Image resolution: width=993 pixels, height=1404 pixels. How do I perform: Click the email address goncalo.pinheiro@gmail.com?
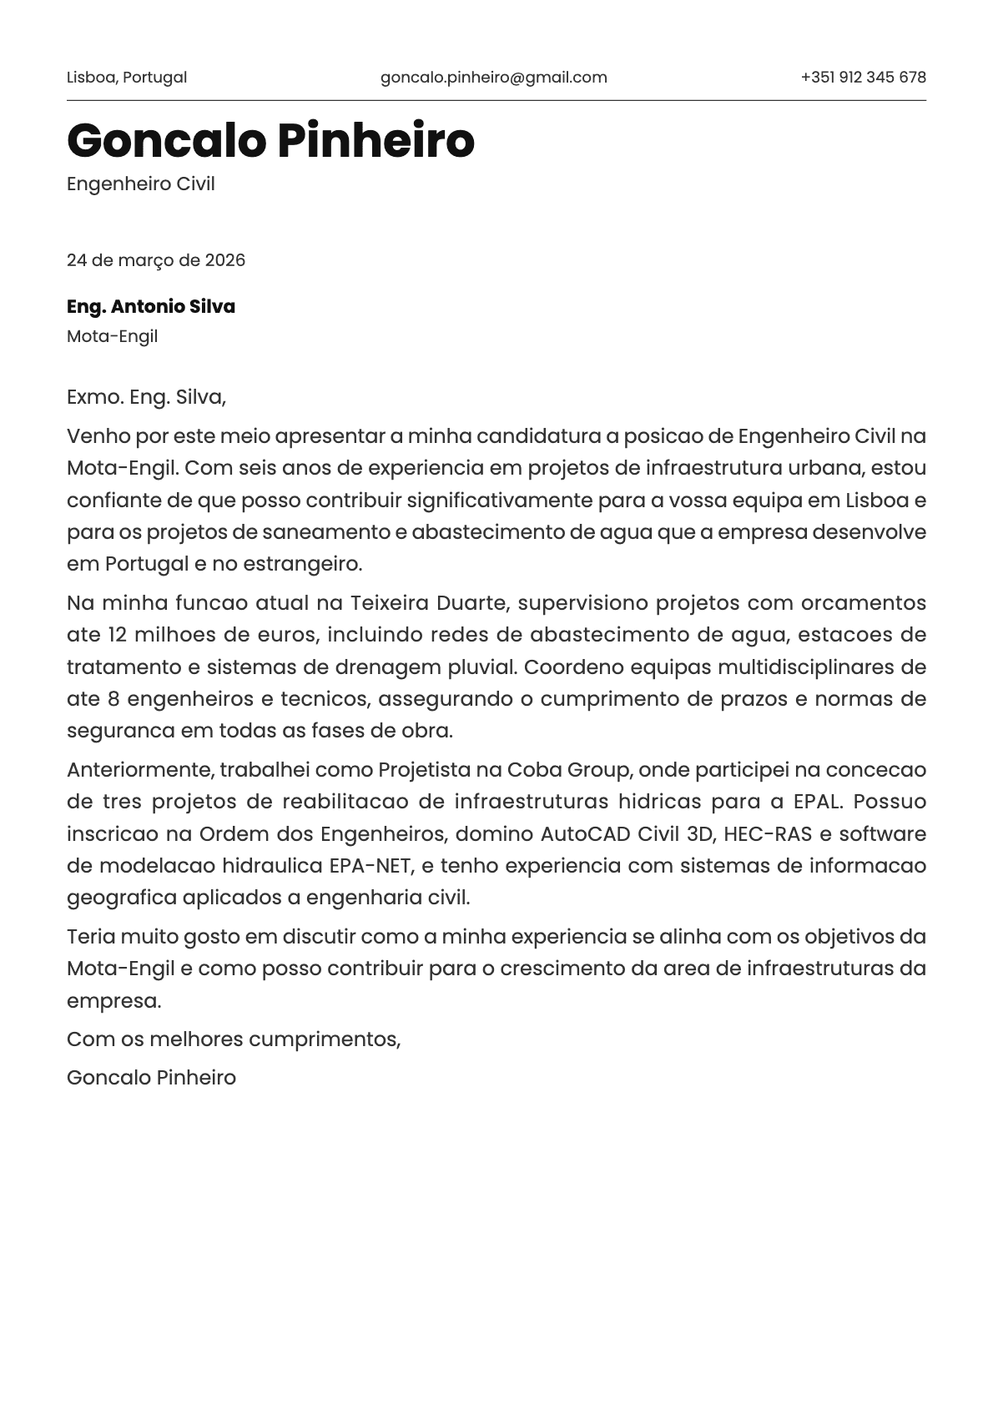[x=493, y=78]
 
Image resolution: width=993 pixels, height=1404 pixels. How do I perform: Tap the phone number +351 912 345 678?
[x=863, y=78]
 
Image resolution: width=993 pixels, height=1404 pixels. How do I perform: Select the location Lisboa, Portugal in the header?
[x=127, y=78]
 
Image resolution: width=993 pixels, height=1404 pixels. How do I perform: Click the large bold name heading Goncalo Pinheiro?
[x=270, y=140]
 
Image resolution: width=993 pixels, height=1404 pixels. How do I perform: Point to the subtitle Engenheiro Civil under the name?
[x=141, y=184]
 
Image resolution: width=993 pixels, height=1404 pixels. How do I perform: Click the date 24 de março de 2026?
[x=156, y=260]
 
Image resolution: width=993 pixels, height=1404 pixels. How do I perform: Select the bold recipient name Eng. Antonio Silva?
[x=151, y=306]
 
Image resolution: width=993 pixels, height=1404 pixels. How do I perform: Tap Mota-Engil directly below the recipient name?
[x=112, y=336]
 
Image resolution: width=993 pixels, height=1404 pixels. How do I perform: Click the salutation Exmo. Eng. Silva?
[x=146, y=396]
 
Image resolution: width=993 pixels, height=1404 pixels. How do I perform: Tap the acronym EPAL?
[x=818, y=801]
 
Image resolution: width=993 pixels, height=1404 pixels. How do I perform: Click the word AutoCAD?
[x=586, y=833]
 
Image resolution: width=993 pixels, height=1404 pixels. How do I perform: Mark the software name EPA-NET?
[x=370, y=865]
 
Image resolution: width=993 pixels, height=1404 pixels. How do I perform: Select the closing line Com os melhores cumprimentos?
[x=234, y=1039]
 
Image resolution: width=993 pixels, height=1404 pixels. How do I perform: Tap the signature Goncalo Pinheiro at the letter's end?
[x=151, y=1077]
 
